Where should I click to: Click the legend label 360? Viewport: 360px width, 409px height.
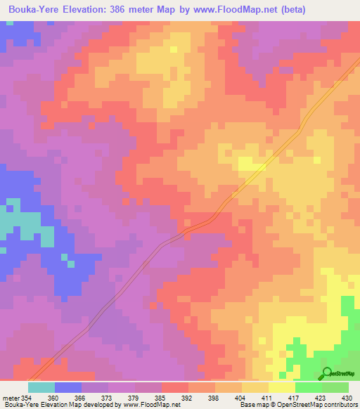coord(67,397)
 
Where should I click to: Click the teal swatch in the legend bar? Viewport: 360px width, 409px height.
coord(41,387)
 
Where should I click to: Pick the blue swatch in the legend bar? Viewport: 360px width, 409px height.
coord(68,387)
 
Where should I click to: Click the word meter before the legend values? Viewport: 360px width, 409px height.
coord(11,397)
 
